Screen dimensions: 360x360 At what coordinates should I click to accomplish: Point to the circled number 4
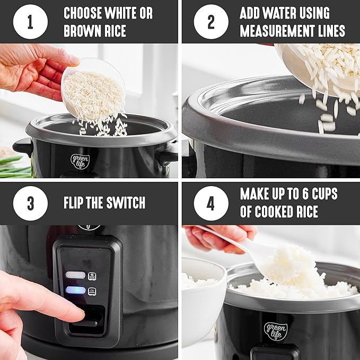pos(210,204)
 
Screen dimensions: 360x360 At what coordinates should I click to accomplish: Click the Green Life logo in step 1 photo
pos(80,160)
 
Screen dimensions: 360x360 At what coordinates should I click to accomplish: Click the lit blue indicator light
pos(76,290)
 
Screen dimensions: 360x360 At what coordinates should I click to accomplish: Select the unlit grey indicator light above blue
pos(76,275)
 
